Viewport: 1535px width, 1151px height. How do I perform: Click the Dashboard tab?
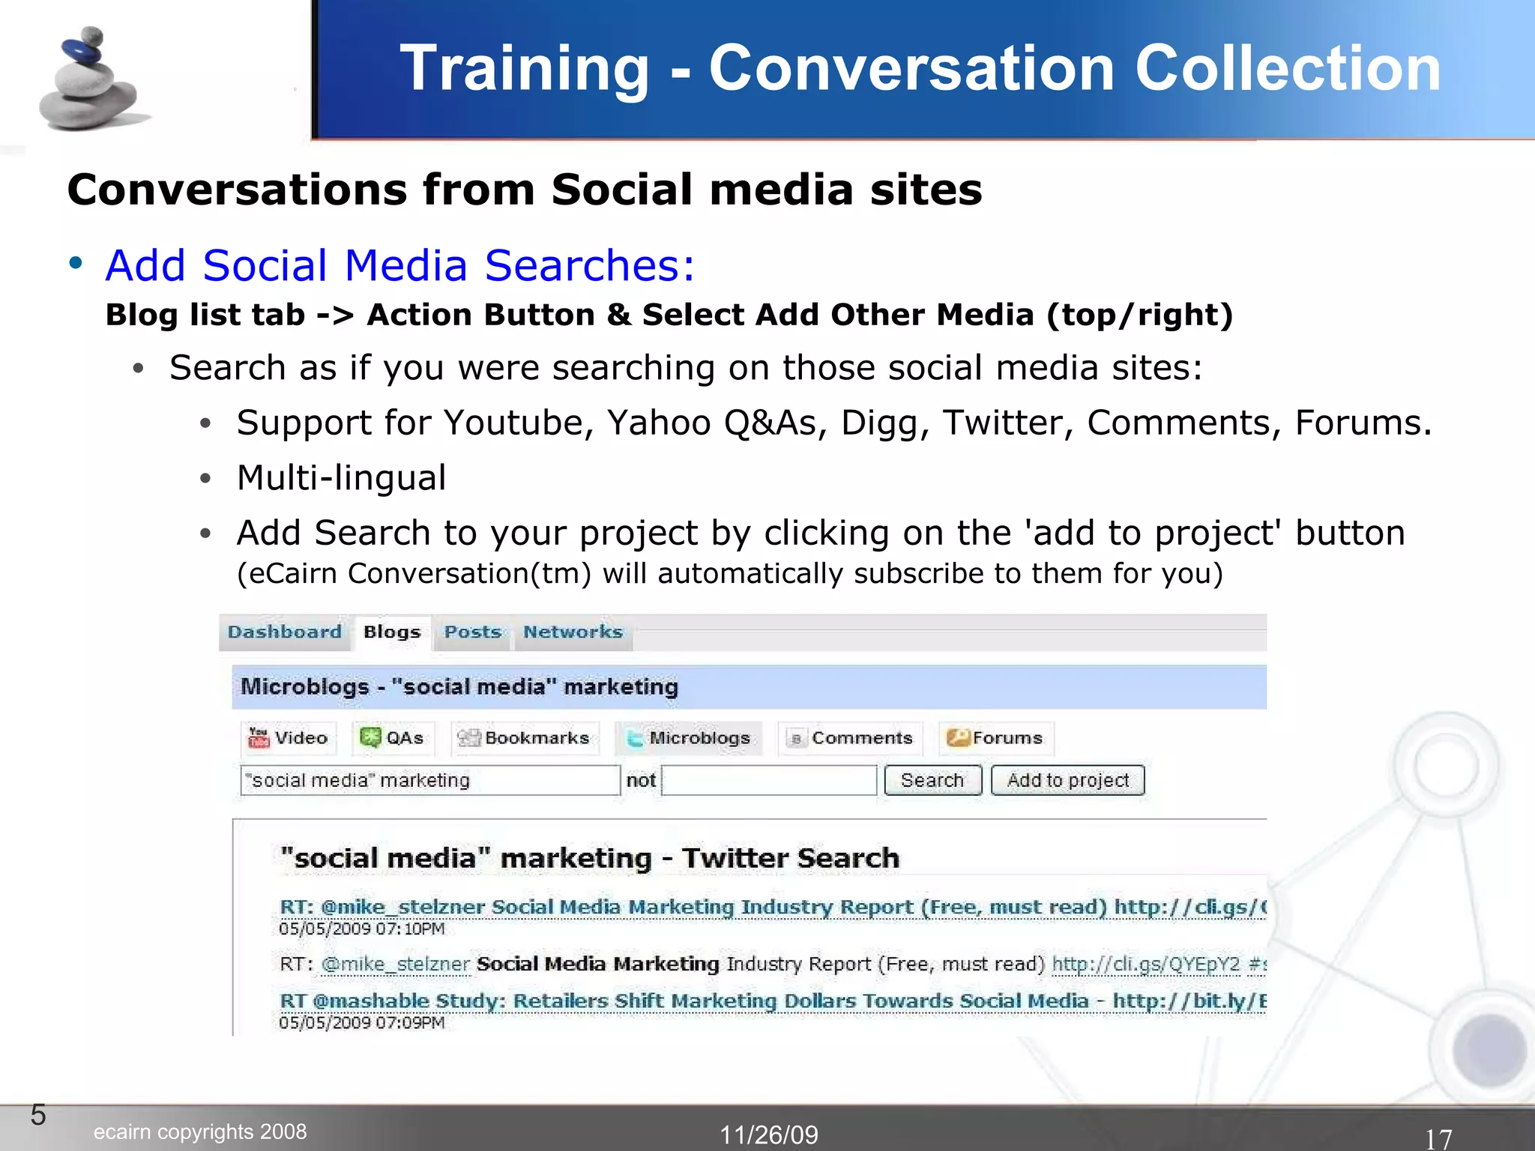(x=284, y=632)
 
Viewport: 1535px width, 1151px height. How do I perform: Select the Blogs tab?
(x=391, y=632)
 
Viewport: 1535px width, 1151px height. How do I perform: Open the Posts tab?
(x=472, y=632)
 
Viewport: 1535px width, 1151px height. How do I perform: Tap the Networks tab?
(x=573, y=632)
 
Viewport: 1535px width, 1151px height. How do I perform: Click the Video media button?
(x=289, y=738)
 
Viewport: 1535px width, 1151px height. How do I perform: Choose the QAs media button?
(x=392, y=738)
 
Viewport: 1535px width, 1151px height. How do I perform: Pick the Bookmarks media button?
(x=524, y=738)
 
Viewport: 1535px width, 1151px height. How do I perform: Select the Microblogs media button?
(x=689, y=738)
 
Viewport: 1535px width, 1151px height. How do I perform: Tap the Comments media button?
(x=850, y=738)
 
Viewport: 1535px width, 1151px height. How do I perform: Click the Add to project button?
(x=1067, y=780)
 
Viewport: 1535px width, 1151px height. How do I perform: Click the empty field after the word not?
(x=769, y=780)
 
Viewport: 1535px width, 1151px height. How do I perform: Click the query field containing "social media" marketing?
(x=429, y=780)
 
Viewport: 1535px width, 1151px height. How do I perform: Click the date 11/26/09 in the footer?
(x=769, y=1135)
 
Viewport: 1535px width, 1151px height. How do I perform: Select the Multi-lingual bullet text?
(x=341, y=478)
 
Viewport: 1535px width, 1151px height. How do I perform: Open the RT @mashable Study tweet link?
(x=772, y=1001)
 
